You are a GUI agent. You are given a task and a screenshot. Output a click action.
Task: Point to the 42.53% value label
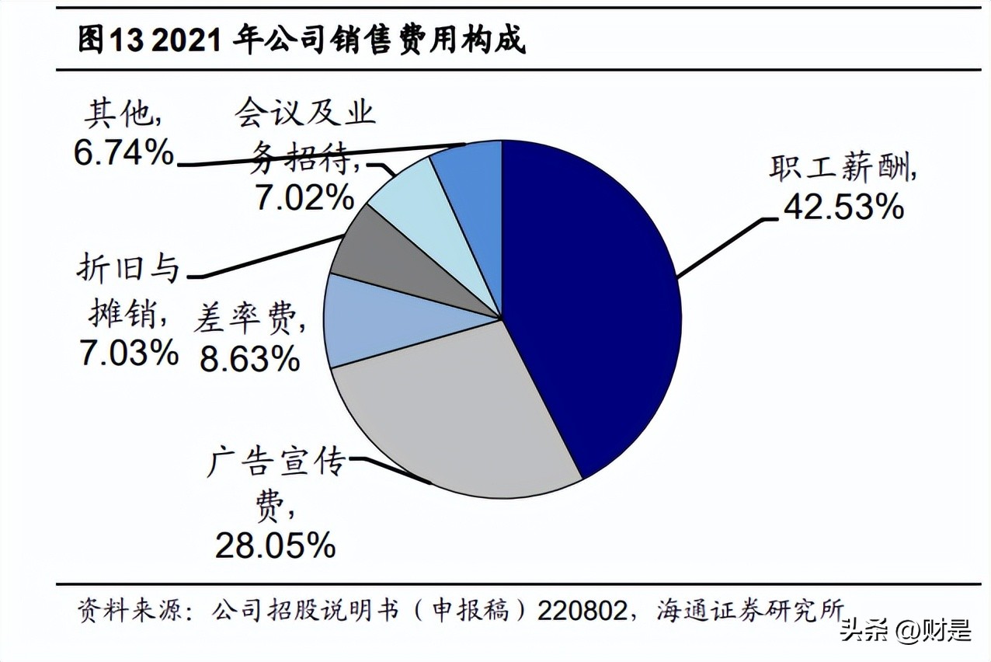pyautogui.click(x=843, y=207)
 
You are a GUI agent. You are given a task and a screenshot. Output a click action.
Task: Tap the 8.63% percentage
pyautogui.click(x=249, y=358)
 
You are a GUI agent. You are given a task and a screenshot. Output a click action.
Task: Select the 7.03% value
pyautogui.click(x=128, y=354)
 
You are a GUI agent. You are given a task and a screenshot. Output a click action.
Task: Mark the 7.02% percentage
pyautogui.click(x=304, y=197)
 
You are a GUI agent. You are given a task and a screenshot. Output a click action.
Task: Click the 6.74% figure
pyautogui.click(x=124, y=153)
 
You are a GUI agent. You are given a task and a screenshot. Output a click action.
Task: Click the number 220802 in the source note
pyautogui.click(x=582, y=610)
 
